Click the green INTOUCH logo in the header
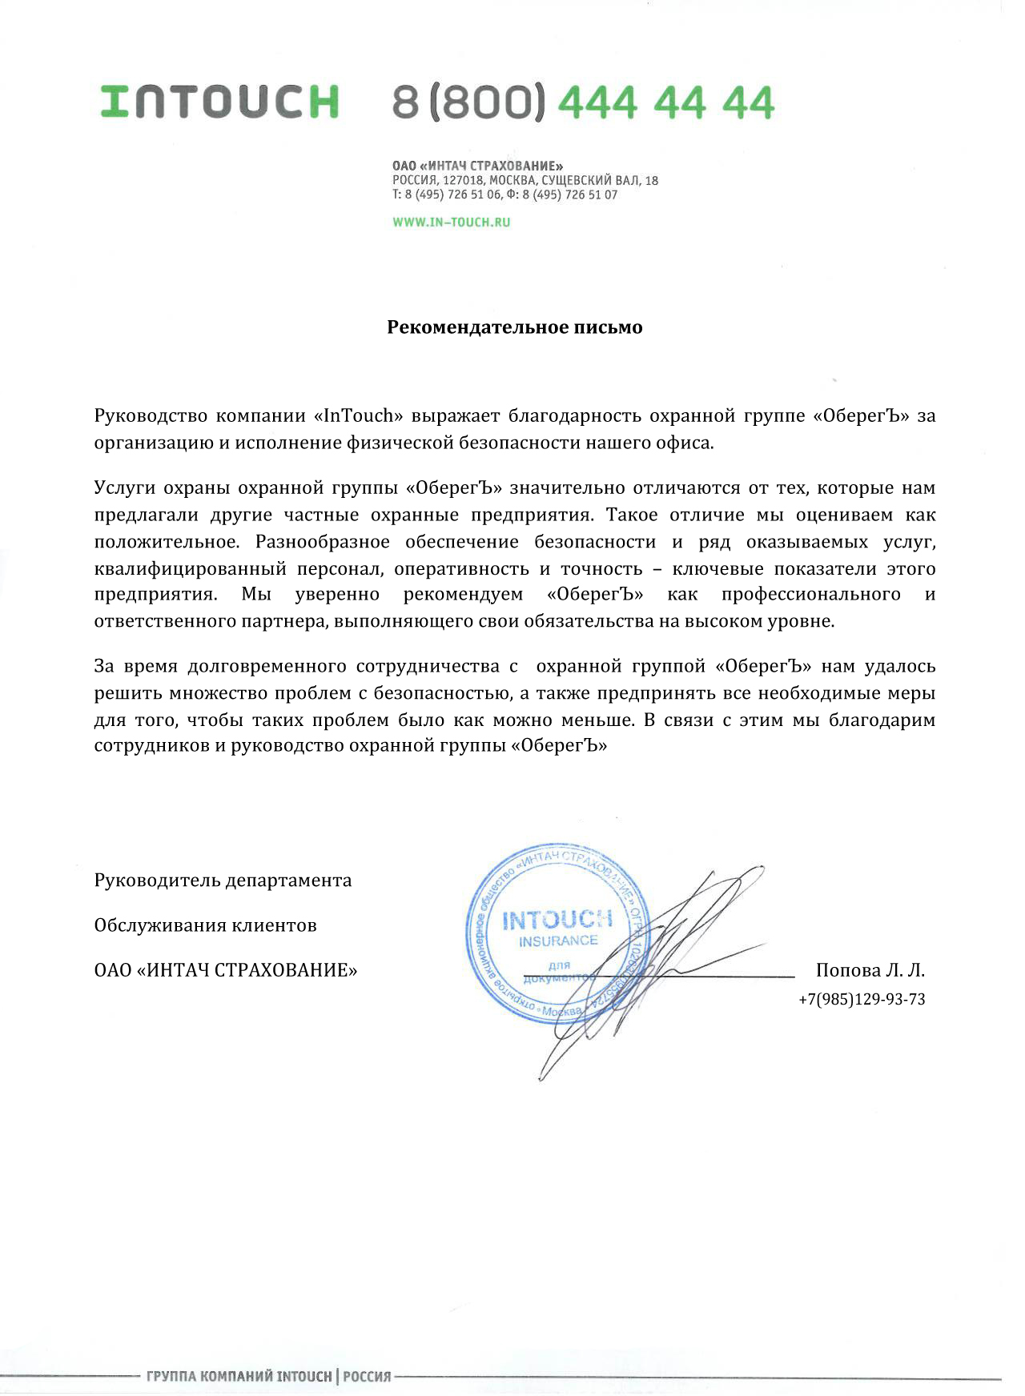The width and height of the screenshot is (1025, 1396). (219, 102)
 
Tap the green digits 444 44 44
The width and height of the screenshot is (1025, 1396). (666, 102)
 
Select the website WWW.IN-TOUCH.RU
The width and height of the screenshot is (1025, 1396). (451, 223)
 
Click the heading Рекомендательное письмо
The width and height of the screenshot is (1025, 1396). (514, 327)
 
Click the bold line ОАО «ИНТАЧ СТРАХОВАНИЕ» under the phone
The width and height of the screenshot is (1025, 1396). (477, 166)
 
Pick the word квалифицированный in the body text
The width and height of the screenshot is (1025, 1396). (190, 569)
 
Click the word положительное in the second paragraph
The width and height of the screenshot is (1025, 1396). (166, 542)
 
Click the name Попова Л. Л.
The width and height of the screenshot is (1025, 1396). (870, 970)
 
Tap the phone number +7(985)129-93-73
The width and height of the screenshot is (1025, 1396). (862, 999)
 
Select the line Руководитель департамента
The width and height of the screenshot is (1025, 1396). (223, 881)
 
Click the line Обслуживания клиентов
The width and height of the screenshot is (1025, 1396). (205, 925)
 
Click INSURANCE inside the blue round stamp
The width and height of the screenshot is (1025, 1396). (558, 941)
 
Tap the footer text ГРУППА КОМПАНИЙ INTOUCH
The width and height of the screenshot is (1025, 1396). (239, 1377)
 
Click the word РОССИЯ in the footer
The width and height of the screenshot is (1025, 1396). (367, 1377)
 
